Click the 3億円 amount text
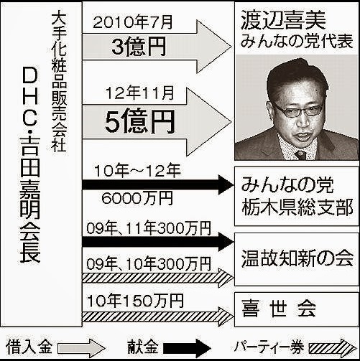[139, 46]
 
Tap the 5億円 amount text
[140, 121]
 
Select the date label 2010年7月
[133, 22]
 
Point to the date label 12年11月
[139, 93]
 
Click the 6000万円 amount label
[137, 198]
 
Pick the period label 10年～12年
[138, 171]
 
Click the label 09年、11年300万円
[149, 228]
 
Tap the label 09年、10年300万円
[149, 264]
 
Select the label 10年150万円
[135, 301]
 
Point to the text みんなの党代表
[297, 41]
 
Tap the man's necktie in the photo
[300, 155]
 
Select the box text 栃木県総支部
[297, 207]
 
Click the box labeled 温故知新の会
[297, 259]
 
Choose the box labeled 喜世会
[297, 309]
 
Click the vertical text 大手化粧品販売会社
[58, 81]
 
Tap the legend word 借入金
[29, 347]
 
